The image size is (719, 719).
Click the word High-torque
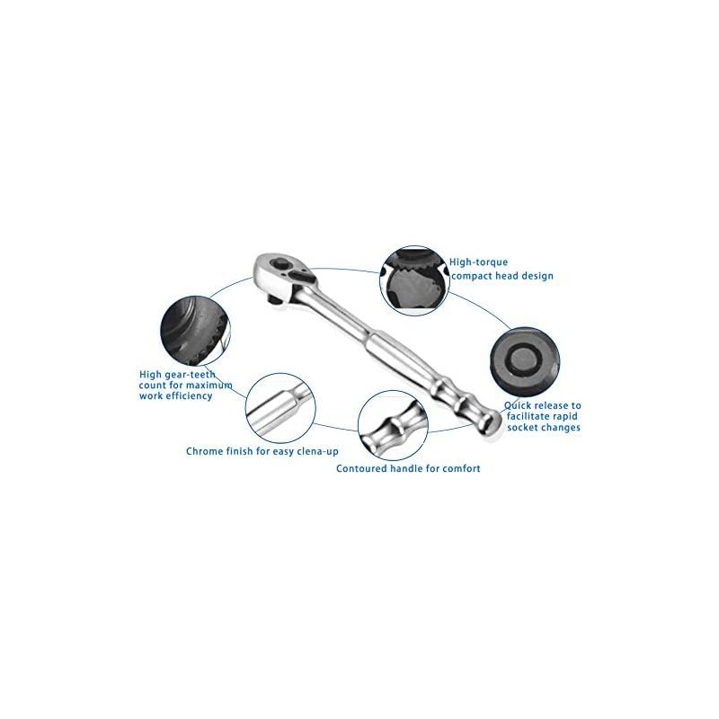click(x=473, y=262)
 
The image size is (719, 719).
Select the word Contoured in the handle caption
click(x=365, y=468)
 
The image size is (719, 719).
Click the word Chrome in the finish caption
click(x=207, y=451)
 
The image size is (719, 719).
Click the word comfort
click(x=458, y=468)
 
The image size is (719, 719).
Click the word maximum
click(x=209, y=385)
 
